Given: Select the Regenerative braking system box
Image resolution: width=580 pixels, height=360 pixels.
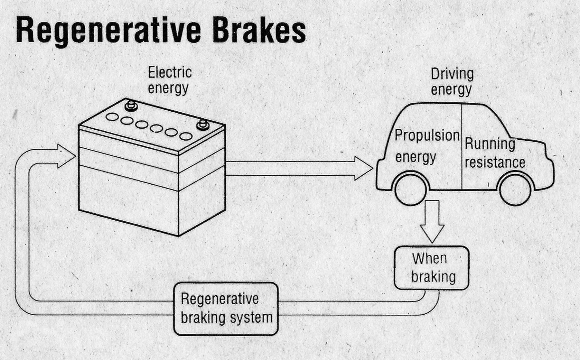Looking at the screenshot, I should pos(226,308).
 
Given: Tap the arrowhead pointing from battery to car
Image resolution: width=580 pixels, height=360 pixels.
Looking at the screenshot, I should pos(363,168).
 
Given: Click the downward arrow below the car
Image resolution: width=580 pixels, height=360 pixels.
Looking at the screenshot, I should pos(432,221).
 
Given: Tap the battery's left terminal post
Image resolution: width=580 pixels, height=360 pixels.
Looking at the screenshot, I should pos(131,105).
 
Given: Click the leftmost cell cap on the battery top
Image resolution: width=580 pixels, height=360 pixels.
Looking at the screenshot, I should pos(112,117).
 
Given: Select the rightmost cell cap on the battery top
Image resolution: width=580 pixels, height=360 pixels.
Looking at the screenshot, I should pos(186,136).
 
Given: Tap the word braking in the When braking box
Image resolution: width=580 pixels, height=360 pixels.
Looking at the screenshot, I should pos(433,277).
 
